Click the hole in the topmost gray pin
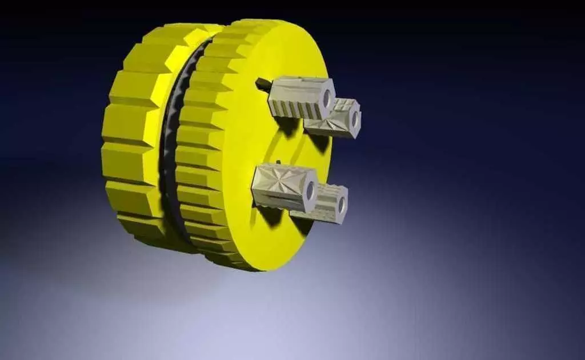click(x=327, y=98)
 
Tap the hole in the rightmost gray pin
click(x=355, y=119)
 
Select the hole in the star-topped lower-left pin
click(x=310, y=190)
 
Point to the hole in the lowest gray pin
click(x=342, y=204)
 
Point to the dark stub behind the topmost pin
click(x=263, y=84)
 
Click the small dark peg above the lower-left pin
click(x=276, y=161)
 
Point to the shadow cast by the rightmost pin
click(x=320, y=143)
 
